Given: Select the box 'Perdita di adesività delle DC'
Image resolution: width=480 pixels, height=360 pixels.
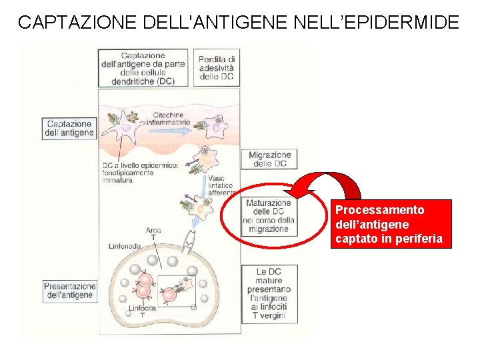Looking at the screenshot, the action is click(x=217, y=67).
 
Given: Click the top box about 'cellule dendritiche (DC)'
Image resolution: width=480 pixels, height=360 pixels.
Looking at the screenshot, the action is click(x=143, y=67).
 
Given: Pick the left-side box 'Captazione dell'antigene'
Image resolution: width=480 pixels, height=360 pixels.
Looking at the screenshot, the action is click(x=69, y=129).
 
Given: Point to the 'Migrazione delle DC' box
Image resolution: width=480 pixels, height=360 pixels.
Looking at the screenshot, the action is click(x=270, y=159).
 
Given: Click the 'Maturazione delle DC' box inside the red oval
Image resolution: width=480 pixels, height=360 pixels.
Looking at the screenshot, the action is click(x=268, y=216).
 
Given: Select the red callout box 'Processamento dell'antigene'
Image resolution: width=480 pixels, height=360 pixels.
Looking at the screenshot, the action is click(x=391, y=224).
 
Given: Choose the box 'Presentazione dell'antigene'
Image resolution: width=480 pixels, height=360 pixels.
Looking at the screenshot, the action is click(x=69, y=291).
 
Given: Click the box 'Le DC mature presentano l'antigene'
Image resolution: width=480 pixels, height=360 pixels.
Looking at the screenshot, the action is click(x=269, y=293).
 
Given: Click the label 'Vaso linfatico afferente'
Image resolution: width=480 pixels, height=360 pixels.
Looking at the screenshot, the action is click(x=221, y=185).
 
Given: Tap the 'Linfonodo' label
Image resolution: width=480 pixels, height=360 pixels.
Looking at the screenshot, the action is click(x=125, y=246).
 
